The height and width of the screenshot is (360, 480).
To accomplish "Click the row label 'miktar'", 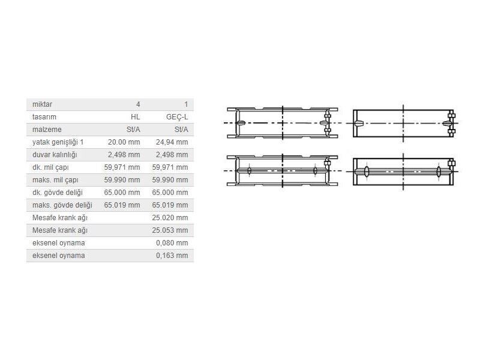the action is [42, 104].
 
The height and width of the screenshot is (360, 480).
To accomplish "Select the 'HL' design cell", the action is [135, 117].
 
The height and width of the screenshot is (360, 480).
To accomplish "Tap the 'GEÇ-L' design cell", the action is [177, 117].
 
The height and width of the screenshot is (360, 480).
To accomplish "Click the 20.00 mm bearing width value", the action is [124, 142].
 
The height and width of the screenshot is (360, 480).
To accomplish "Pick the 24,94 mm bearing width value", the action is [172, 142].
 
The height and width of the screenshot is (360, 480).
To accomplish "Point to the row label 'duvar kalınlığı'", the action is [55, 155].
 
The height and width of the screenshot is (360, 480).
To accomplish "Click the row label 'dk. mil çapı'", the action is [50, 167].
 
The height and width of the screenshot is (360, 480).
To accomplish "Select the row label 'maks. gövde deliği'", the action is [62, 205].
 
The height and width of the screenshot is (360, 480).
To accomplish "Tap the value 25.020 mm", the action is [170, 218].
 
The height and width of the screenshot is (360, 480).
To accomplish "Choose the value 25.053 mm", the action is [170, 230].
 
